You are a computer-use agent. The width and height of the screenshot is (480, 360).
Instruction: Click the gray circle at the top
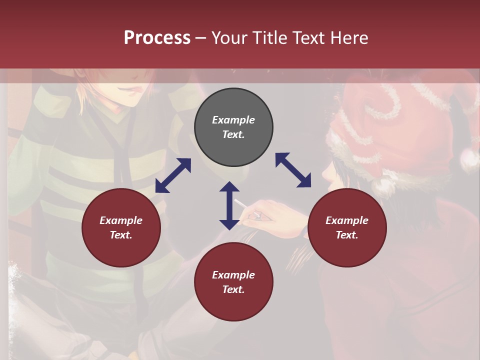(233, 127)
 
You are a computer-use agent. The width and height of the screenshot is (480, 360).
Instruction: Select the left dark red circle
(121, 227)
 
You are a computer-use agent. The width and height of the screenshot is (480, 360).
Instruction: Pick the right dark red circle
(347, 227)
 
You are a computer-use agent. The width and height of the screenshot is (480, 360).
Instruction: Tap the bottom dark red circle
(233, 282)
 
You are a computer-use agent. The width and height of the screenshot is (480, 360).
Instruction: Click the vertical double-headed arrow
(229, 205)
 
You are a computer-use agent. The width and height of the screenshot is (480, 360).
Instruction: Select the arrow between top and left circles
(173, 175)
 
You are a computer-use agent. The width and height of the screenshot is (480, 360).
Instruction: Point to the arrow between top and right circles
(293, 170)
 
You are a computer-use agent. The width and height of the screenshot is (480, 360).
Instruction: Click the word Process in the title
(157, 37)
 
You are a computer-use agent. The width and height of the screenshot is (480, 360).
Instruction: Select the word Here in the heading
(349, 37)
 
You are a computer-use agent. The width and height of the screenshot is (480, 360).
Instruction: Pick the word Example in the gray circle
(233, 120)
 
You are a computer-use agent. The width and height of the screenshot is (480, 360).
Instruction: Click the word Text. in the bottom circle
(233, 289)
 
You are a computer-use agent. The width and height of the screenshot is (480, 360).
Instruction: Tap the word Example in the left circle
(121, 220)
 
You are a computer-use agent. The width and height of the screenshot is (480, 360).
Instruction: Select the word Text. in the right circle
(347, 235)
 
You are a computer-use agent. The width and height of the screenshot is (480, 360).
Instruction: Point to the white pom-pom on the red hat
(469, 160)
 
